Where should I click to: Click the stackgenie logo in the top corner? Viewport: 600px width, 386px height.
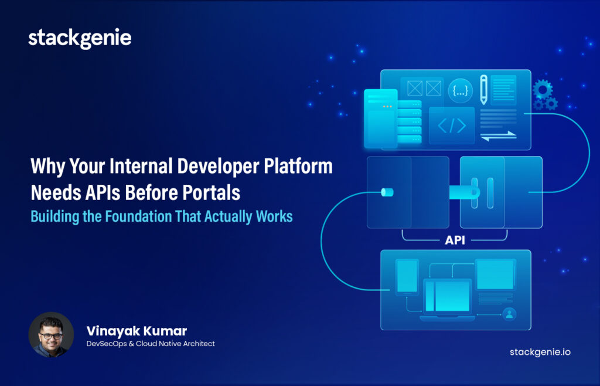click(x=80, y=39)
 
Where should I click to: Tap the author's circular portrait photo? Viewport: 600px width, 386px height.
click(x=51, y=334)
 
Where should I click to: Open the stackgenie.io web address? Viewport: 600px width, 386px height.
click(x=540, y=352)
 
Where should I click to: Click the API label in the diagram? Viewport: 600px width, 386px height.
click(x=455, y=240)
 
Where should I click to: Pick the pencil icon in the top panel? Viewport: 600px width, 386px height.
click(x=484, y=89)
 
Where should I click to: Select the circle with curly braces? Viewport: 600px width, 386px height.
click(x=461, y=90)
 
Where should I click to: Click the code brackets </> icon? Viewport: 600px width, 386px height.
click(x=452, y=126)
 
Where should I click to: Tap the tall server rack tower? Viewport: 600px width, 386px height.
click(x=380, y=118)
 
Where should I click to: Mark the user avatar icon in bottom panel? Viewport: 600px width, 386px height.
click(x=509, y=313)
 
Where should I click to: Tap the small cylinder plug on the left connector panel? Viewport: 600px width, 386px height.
click(x=387, y=192)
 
